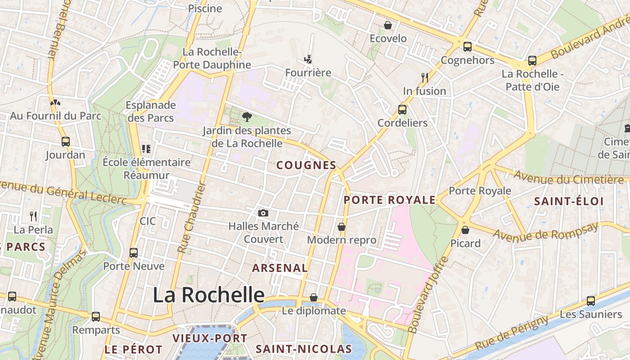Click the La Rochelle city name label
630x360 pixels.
tap(208, 295)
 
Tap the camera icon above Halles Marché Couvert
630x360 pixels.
tap(263, 213)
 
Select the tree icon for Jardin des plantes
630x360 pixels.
tap(247, 117)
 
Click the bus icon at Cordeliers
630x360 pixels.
tap(402, 109)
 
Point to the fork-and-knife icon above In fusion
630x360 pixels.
tap(424, 77)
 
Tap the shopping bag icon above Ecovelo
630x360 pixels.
tap(388, 25)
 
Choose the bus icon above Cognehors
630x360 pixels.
tap(468, 46)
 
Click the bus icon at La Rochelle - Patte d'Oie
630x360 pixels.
tap(532, 60)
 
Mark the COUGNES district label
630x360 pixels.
tap(306, 165)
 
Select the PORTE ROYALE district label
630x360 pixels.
tap(390, 200)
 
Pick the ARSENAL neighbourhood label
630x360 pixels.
tap(280, 268)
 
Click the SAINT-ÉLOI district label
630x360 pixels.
tap(569, 201)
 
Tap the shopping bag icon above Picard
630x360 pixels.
tap(465, 230)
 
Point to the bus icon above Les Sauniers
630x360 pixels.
tap(591, 301)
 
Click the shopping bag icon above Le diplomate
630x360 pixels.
tap(314, 297)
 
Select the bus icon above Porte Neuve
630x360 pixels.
tap(134, 252)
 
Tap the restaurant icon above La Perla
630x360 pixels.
tap(33, 216)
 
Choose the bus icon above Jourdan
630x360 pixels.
tap(66, 141)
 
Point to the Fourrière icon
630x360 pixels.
tap(308, 59)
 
